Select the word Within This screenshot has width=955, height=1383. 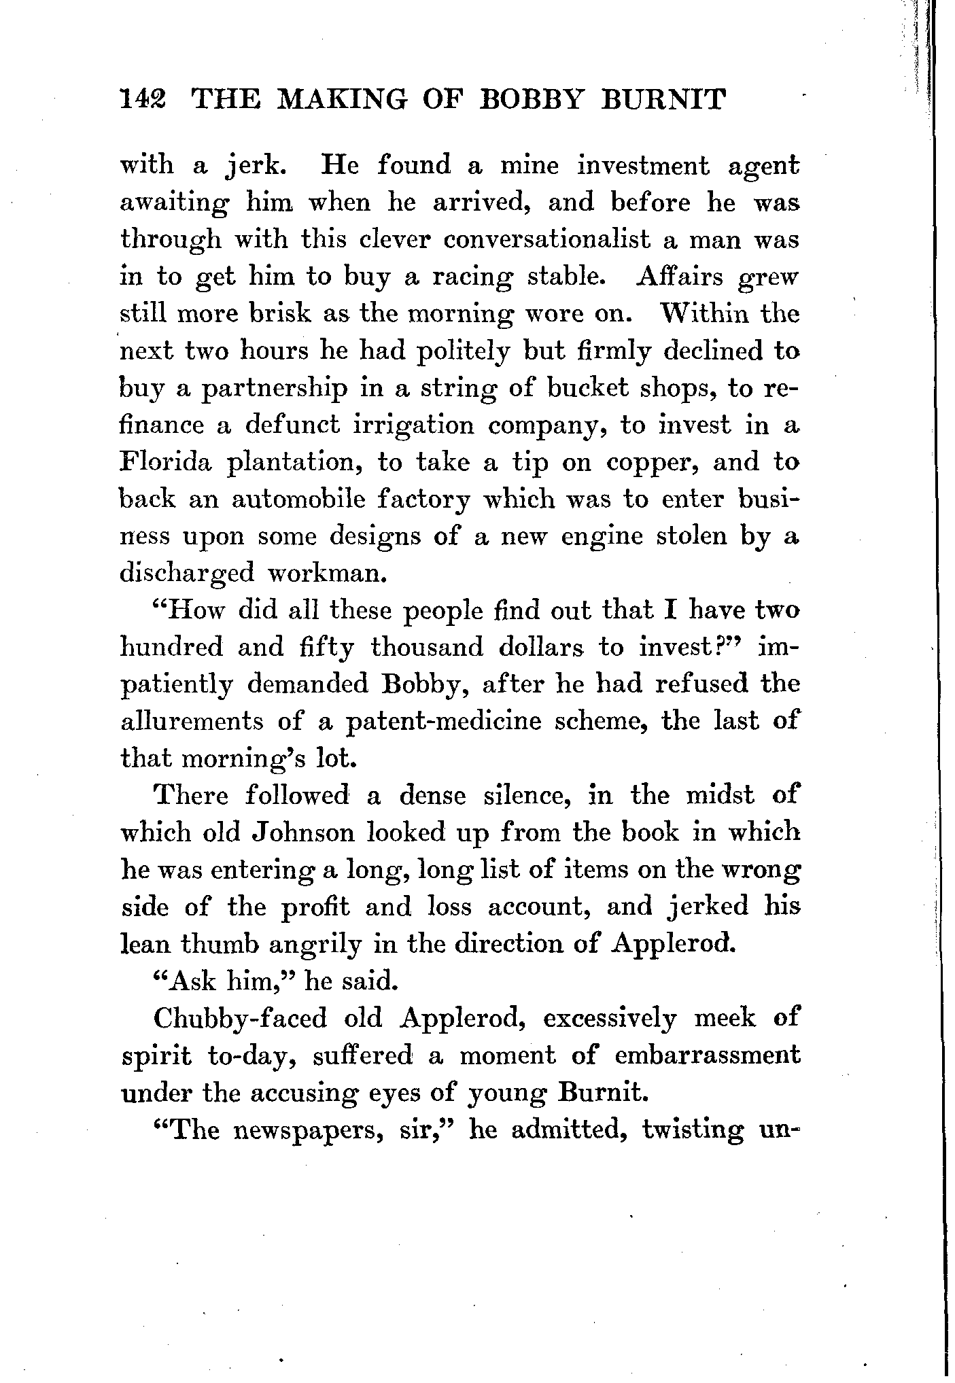tap(687, 315)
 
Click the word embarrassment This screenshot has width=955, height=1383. tap(707, 1055)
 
